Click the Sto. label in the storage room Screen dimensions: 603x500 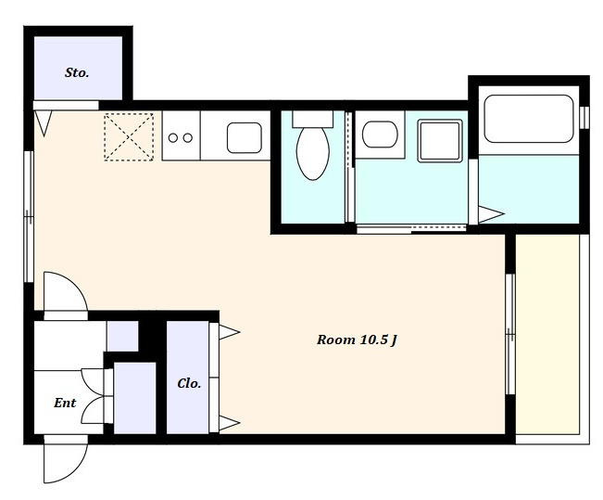pos(77,72)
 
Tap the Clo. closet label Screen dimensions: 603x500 pos(189,383)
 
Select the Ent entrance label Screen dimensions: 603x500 pos(65,403)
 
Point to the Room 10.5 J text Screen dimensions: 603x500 pos(357,340)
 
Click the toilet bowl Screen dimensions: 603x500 pos(313,153)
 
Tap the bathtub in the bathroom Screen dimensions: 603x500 pos(529,119)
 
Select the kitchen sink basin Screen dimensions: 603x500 pos(245,137)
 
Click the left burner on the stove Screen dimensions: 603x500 pos(173,137)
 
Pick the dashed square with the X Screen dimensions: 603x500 pos(129,136)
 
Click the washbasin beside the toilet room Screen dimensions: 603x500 pos(380,135)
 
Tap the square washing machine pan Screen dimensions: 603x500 pos(440,141)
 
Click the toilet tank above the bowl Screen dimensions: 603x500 pos(313,119)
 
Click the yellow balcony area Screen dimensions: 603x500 pos(547,334)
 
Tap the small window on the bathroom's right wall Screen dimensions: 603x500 pos(584,118)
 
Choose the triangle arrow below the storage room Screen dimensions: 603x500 pos(43,123)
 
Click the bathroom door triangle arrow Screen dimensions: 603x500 pos(491,214)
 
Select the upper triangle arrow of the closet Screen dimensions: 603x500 pos(230,332)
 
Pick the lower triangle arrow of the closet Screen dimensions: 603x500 pos(230,423)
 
